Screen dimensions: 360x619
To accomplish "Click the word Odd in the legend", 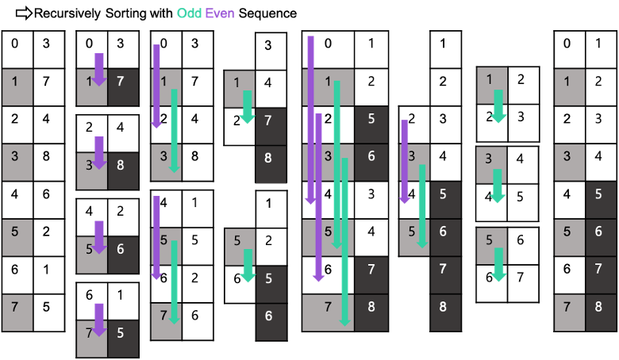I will (x=189, y=13).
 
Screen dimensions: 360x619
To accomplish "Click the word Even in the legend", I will (x=220, y=13).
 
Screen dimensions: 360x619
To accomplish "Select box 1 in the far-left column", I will (x=17, y=87).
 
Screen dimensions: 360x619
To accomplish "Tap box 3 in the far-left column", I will (x=17, y=162).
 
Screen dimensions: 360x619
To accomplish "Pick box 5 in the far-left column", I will (x=17, y=237).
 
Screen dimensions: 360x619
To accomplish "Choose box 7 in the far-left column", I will (x=17, y=312).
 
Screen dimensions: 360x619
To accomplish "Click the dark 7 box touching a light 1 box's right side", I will (x=123, y=87).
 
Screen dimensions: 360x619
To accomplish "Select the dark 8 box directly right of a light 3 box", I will (x=123, y=171).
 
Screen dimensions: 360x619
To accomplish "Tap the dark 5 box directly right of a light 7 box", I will (x=123, y=339).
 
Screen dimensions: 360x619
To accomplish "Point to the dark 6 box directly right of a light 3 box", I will (x=371, y=162).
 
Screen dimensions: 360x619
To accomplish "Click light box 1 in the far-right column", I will (x=569, y=87).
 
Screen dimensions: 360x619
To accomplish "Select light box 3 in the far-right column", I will (x=569, y=162).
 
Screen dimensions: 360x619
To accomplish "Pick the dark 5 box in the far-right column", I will (x=602, y=199).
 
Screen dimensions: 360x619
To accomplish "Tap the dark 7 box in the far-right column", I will (x=602, y=274).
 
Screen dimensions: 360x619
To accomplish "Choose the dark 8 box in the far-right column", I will (x=602, y=312).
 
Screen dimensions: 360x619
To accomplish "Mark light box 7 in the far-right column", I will (x=569, y=312).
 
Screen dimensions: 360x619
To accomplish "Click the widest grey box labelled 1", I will (x=328, y=87).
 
